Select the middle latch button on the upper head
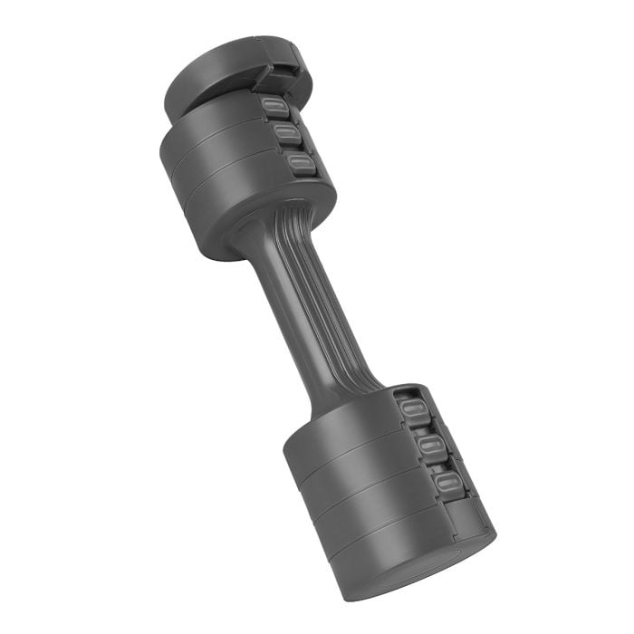[x=288, y=136]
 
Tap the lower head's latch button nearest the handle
[x=413, y=413]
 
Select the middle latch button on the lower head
[x=430, y=445]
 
